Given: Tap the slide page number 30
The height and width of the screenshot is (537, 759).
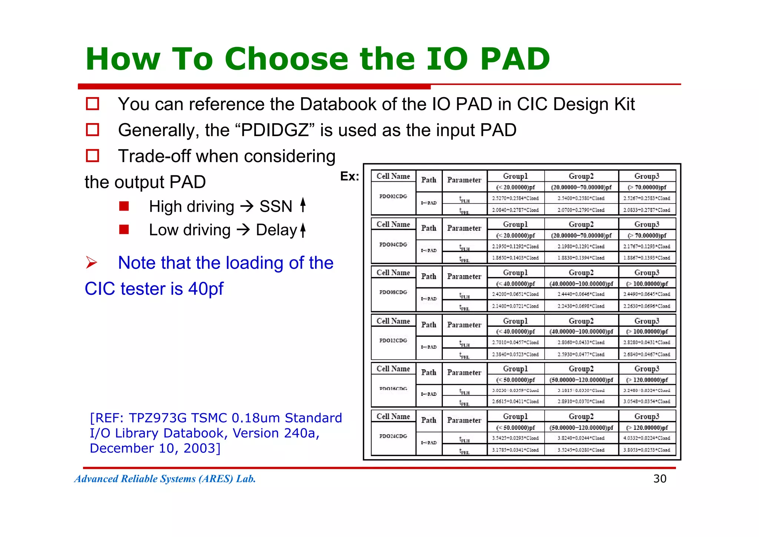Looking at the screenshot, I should tap(660, 479).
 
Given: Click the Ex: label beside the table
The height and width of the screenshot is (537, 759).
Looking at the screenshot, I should tap(349, 177).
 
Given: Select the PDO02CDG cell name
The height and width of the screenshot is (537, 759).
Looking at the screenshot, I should tap(393, 196).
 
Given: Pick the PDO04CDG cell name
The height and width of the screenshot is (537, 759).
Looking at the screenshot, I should tap(393, 244).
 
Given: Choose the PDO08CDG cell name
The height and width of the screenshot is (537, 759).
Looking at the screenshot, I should tap(393, 292).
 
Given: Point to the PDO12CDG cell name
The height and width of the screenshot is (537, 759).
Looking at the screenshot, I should tap(393, 340).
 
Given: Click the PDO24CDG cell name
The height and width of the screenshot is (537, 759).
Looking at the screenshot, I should tap(393, 436).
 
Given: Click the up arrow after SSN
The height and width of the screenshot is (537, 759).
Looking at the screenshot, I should tap(303, 205).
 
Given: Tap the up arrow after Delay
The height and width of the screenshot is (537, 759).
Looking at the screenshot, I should tap(303, 230).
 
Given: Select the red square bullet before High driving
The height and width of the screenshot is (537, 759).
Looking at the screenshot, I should tap(124, 206).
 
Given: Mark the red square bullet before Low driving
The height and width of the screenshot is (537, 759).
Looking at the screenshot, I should tap(124, 230).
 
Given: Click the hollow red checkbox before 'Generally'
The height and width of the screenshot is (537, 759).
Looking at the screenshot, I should tap(92, 130).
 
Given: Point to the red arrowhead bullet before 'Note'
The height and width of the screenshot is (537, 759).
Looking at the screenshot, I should tap(91, 263).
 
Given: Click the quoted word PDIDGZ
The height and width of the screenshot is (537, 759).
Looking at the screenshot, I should tap(275, 130).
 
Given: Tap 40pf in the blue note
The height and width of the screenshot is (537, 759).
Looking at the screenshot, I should tap(206, 289).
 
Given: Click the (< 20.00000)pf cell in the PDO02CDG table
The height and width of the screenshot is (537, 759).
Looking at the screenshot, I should tap(516, 187).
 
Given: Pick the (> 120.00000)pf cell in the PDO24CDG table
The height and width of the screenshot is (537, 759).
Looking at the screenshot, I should tap(647, 428).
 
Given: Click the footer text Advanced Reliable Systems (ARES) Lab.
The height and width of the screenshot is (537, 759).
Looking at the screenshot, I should tap(165, 479).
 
